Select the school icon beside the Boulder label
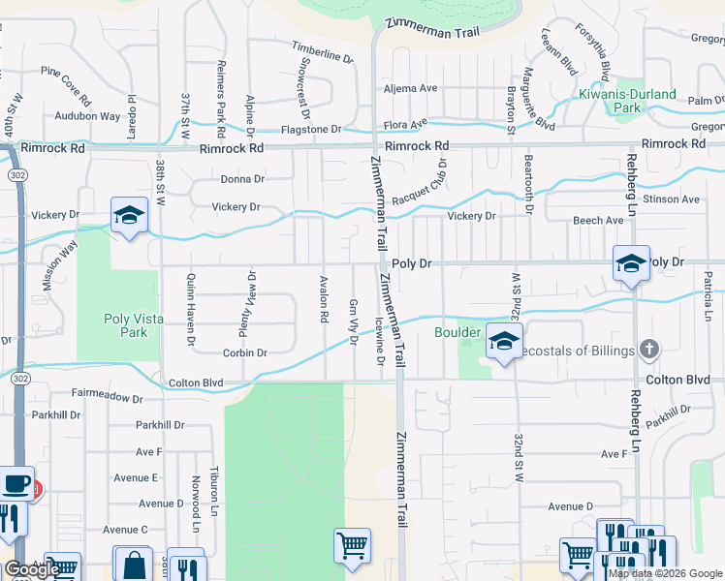tap(504, 342)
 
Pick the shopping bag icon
tap(133, 564)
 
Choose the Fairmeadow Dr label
tap(108, 397)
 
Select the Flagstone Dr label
tap(311, 129)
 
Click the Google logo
tap(32, 569)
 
